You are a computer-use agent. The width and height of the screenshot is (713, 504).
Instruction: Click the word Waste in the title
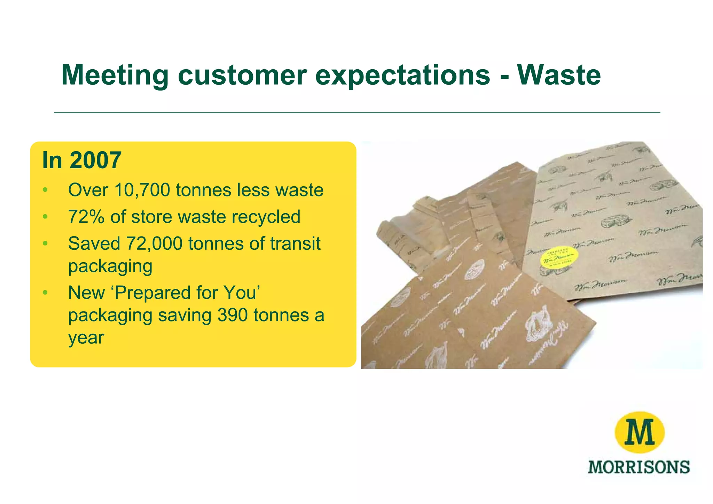pyautogui.click(x=559, y=75)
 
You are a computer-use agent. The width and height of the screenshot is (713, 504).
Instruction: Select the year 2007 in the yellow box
pyautogui.click(x=95, y=160)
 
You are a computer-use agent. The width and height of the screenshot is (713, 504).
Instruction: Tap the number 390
pyautogui.click(x=232, y=315)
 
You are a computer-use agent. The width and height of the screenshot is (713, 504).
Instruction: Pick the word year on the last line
pyautogui.click(x=86, y=338)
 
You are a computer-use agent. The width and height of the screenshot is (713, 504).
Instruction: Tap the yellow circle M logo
pyautogui.click(x=639, y=432)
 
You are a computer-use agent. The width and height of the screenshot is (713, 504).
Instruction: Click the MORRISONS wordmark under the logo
pyautogui.click(x=638, y=467)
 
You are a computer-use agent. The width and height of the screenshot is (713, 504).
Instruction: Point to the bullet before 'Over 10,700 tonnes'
pyautogui.click(x=45, y=190)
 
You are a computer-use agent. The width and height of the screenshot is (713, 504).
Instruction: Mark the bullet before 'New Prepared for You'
pyautogui.click(x=45, y=293)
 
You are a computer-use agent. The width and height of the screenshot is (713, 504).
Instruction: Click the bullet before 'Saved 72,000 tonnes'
pyautogui.click(x=45, y=243)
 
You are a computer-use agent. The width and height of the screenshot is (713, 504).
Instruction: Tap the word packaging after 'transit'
pyautogui.click(x=110, y=266)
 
